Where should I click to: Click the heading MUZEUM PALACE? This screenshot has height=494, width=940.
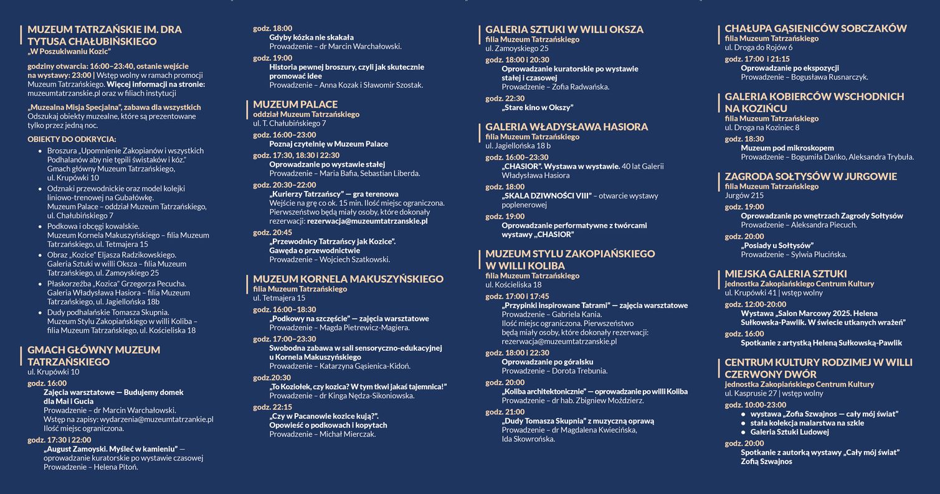coord(295,105)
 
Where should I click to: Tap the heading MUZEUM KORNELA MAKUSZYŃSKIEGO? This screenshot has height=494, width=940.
coord(348,279)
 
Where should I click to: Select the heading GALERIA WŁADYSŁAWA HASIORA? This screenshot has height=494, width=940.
coord(566,127)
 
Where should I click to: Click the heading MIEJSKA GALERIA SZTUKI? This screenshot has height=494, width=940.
coord(786,274)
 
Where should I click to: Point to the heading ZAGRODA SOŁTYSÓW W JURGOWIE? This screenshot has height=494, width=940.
coord(810,177)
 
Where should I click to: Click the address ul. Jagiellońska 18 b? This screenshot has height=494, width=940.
coord(518,146)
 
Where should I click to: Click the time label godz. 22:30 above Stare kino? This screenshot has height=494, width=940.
coord(505,98)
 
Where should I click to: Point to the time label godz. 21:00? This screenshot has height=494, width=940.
coord(505,412)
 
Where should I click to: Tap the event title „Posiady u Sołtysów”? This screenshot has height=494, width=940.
coord(777,245)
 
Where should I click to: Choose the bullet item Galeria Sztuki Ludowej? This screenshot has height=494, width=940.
coord(789,432)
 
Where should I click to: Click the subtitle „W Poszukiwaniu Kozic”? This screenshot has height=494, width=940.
coord(69,52)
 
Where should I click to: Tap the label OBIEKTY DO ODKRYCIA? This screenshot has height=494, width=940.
coord(72,139)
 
